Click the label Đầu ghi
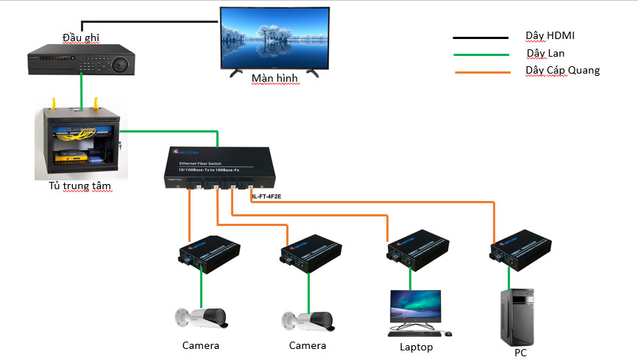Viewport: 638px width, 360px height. pos(81,38)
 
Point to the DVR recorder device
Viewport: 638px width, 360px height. pos(82,60)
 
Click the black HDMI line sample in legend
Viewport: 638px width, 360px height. pos(481,37)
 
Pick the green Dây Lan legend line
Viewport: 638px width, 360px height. pos(481,54)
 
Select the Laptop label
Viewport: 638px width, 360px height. pos(416,347)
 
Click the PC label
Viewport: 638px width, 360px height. pos(520,353)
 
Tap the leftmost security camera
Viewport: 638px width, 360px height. pos(201,319)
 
